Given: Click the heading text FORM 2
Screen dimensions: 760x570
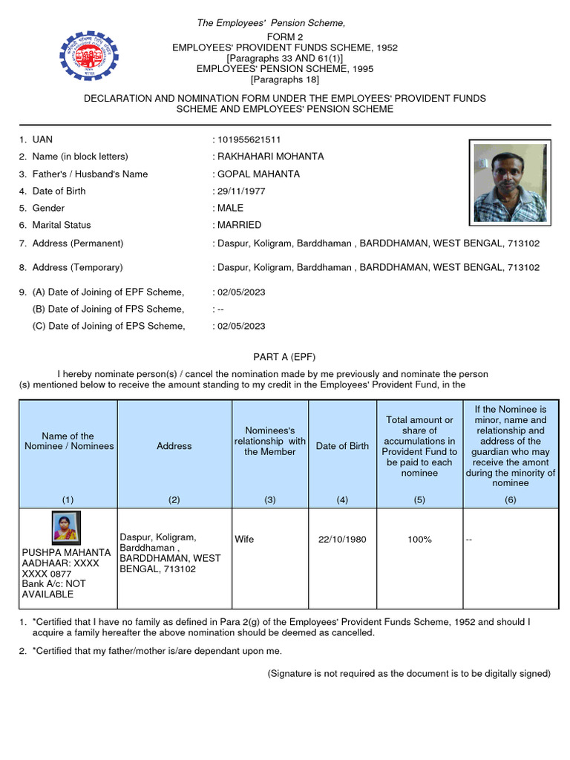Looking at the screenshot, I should coord(285,36).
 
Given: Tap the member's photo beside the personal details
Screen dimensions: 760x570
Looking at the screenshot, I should coord(510,183).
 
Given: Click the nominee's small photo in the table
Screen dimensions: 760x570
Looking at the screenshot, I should coord(67,528).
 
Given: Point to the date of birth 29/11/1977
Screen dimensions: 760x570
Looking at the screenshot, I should coord(241,191).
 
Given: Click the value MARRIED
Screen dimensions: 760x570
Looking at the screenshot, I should coord(239,225).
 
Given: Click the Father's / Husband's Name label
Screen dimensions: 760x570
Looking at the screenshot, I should coord(90,174).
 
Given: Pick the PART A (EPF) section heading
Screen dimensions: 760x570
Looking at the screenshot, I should coord(285,357).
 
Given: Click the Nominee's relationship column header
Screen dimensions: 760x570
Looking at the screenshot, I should coord(270,441).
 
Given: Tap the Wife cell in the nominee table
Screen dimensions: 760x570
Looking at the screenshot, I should coord(244,540).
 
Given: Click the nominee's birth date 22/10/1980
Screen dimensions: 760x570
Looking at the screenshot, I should coord(342,540).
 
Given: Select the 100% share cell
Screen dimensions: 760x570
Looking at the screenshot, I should coord(419,540).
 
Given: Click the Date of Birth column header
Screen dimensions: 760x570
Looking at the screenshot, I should coord(342,446).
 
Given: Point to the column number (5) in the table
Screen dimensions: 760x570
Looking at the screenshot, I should coord(419,499).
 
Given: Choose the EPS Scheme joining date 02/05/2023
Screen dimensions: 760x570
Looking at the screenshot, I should coord(241,326).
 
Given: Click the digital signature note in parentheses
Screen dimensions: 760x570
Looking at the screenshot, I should coord(409,673).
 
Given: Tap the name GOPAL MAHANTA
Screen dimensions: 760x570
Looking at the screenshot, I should coord(258,174).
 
